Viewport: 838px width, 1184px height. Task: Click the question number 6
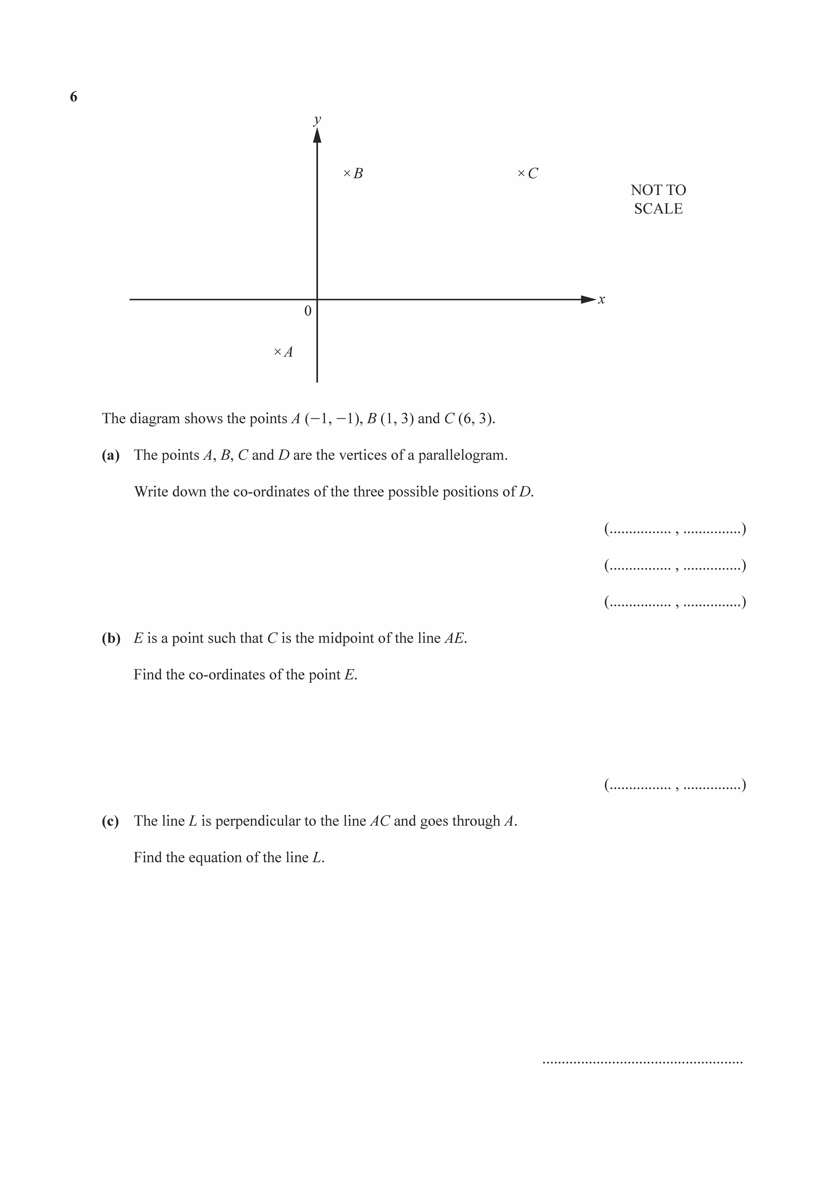[x=74, y=97]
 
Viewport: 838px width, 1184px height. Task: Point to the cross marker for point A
[x=278, y=352]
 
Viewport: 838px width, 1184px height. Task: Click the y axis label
[x=317, y=120]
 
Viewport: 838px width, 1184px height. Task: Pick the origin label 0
[x=308, y=311]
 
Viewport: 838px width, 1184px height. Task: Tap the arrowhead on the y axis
[x=317, y=135]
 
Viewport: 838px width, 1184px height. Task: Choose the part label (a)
[x=110, y=455]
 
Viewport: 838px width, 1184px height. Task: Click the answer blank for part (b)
[x=675, y=785]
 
